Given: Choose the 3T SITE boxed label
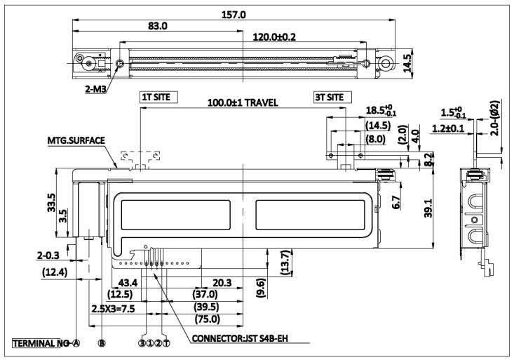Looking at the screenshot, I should click(329, 97).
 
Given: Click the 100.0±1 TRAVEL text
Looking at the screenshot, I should click(243, 103).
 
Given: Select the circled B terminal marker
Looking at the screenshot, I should click(102, 344).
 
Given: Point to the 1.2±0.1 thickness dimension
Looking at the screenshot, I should click(455, 128).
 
